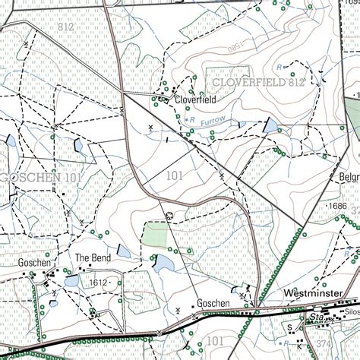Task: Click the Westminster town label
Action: (312, 292)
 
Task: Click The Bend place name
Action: (93, 258)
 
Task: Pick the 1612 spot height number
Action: (98, 283)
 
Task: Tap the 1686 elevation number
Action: (336, 206)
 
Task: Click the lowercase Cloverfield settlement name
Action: (196, 99)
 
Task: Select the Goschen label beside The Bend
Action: (34, 262)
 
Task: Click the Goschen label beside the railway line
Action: (213, 302)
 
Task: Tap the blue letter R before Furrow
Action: (193, 120)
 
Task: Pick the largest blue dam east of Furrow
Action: (271, 125)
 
